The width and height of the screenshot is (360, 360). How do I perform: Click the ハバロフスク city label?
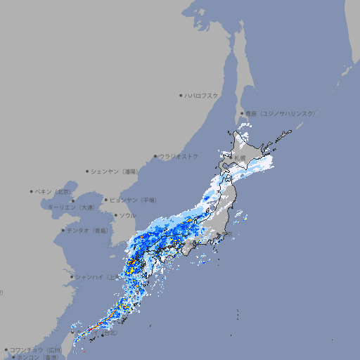(202, 95)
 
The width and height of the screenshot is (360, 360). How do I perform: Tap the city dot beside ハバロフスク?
(181, 95)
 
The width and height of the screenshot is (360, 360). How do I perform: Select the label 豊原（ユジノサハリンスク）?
(280, 113)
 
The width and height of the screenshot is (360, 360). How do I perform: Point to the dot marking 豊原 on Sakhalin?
(242, 113)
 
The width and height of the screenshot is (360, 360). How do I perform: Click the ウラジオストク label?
(179, 156)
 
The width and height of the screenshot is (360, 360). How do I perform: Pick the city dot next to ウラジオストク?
(155, 156)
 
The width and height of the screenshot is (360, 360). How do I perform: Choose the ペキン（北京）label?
(54, 191)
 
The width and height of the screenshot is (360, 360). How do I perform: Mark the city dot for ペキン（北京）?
(32, 191)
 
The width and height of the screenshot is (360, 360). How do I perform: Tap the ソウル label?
(127, 215)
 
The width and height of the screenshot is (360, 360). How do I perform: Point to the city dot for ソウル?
(115, 215)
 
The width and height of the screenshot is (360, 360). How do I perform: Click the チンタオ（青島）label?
(88, 230)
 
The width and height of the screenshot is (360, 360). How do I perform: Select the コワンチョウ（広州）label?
(35, 349)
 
